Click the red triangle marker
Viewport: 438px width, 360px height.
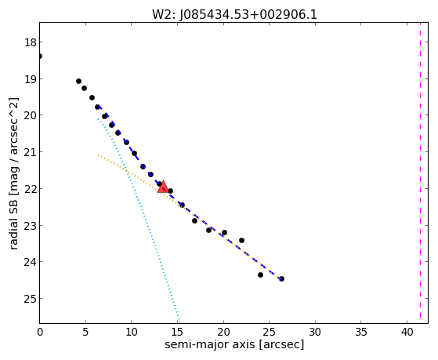(162, 187)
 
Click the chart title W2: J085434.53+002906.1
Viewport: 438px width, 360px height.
(234, 15)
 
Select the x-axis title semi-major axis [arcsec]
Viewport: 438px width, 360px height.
(234, 344)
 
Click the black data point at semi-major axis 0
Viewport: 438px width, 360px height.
(40, 56)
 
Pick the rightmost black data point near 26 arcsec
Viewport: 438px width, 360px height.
(281, 278)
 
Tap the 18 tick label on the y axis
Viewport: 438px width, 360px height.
(30, 43)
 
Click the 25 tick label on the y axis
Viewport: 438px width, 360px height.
(30, 299)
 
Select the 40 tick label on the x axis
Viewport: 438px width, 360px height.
(407, 332)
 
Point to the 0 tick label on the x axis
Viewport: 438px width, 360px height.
(40, 332)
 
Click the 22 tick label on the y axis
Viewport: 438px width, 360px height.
(30, 189)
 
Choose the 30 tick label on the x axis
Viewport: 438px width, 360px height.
(315, 332)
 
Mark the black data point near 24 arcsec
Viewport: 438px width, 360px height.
(260, 275)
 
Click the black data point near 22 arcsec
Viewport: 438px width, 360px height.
(241, 240)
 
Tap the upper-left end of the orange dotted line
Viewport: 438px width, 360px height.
(98, 155)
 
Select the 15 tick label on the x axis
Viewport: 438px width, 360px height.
(177, 332)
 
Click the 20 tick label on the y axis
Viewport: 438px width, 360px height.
(30, 116)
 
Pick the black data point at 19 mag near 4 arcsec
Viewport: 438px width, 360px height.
(79, 81)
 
